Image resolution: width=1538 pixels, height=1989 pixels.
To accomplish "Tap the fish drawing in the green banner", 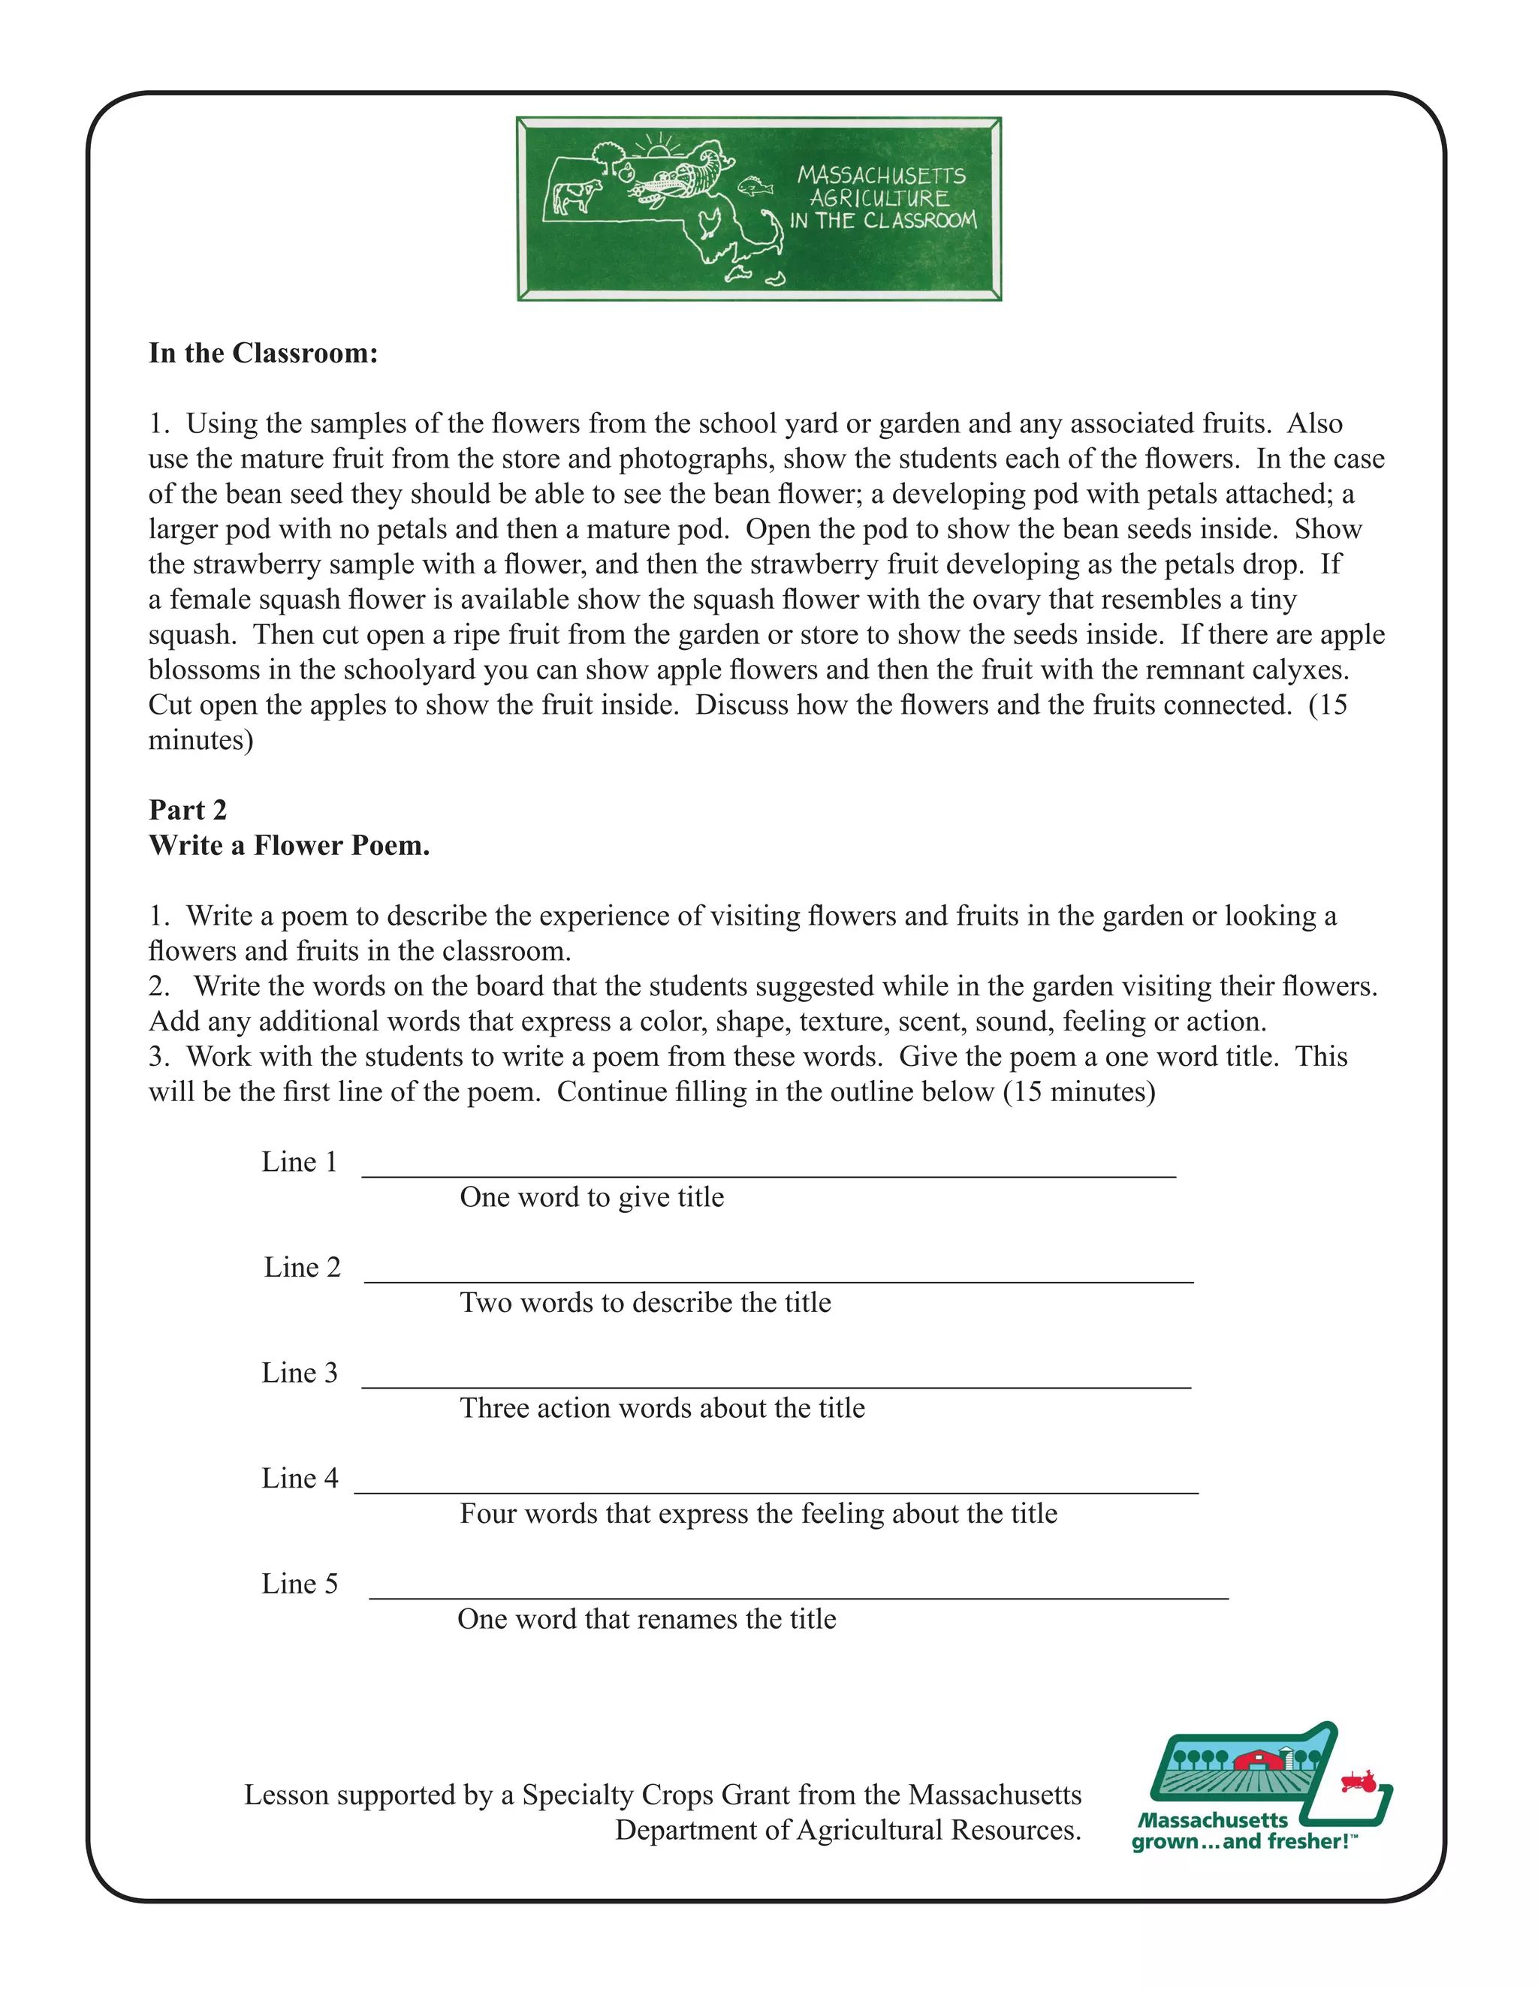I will tap(755, 186).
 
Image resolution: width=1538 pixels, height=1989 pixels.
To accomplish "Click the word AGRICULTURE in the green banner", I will tap(880, 197).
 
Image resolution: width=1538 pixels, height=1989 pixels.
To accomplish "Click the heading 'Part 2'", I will tap(188, 810).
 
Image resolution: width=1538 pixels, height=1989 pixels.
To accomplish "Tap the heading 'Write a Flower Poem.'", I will tap(289, 845).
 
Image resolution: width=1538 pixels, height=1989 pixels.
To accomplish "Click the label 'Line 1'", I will tap(299, 1162).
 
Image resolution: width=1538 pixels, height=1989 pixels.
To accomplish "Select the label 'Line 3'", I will tap(299, 1373).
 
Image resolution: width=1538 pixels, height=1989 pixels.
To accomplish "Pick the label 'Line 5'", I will tap(299, 1584).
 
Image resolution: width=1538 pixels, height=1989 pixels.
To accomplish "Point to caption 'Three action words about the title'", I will tap(662, 1408).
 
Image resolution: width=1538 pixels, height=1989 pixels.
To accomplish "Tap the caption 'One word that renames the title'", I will tap(646, 1619).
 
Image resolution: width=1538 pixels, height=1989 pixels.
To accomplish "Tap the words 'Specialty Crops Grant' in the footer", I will tap(663, 1795).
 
